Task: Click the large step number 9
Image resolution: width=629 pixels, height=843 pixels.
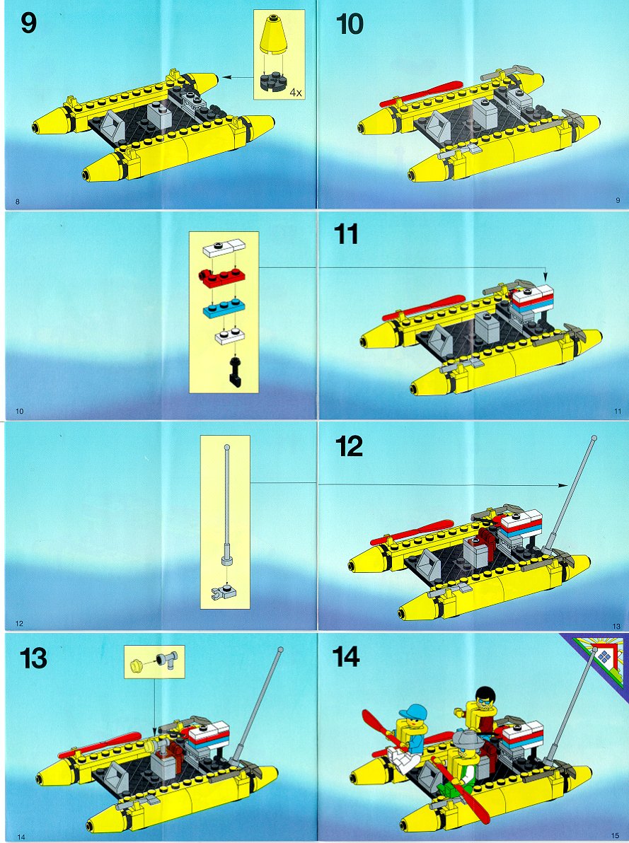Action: (28, 23)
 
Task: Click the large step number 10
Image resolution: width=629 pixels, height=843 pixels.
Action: (350, 25)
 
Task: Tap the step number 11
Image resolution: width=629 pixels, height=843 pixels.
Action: (345, 234)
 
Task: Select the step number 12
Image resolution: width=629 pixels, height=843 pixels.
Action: (349, 446)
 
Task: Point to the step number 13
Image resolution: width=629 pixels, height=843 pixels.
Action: (33, 658)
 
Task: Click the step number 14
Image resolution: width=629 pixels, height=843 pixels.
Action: (345, 656)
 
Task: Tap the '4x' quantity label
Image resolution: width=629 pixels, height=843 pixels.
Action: (296, 93)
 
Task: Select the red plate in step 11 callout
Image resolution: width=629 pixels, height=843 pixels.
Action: (221, 277)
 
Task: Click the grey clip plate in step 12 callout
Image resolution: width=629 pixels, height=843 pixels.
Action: (225, 593)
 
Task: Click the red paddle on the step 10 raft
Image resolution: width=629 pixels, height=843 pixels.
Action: (421, 93)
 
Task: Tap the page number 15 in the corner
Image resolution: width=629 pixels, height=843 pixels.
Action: (615, 835)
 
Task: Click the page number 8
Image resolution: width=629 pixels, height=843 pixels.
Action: (18, 202)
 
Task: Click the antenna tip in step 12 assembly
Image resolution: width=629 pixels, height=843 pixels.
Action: (594, 438)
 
